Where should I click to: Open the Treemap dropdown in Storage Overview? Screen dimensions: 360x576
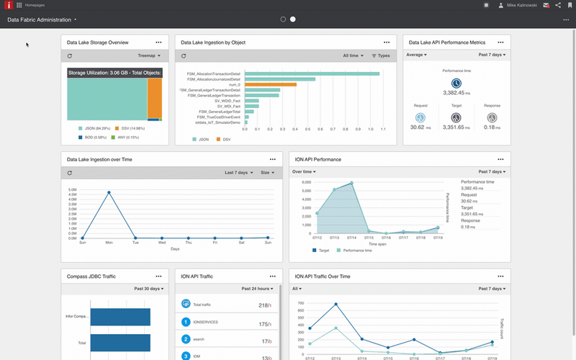(148, 55)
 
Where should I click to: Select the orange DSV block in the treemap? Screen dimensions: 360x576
(154, 98)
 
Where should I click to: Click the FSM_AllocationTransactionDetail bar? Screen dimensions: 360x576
(312, 73)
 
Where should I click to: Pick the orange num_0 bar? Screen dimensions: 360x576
(271, 84)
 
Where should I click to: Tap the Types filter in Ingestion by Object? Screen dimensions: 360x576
(381, 55)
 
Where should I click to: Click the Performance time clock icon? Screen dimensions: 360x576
(456, 84)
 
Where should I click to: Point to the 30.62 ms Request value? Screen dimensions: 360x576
(417, 127)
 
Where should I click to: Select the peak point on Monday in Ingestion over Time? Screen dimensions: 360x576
(109, 192)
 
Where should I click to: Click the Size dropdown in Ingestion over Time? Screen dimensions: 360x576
(267, 173)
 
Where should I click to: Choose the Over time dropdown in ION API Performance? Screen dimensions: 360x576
(304, 172)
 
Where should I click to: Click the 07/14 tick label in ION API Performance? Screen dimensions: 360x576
(352, 237)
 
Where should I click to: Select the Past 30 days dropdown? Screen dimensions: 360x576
(149, 289)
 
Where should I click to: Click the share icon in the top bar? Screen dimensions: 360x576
(557, 5)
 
